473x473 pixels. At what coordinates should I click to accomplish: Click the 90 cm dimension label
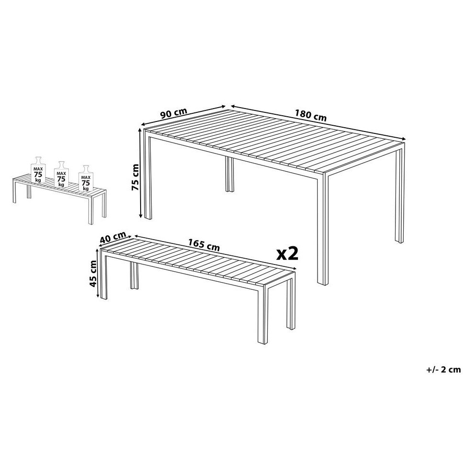(x=174, y=113)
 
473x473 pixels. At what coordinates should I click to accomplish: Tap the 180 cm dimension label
(x=310, y=115)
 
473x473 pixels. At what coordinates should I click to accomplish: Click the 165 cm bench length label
(x=204, y=245)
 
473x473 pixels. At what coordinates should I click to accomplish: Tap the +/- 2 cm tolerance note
(x=443, y=370)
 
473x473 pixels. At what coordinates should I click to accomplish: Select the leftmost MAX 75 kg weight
(x=38, y=169)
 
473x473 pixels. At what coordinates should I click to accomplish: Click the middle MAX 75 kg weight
(x=61, y=175)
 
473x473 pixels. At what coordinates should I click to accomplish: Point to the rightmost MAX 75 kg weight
(x=86, y=178)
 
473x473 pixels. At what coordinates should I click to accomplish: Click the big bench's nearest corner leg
(x=263, y=314)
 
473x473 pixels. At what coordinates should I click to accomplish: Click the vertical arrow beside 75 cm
(x=140, y=173)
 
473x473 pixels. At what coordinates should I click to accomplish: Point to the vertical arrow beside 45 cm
(x=98, y=273)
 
